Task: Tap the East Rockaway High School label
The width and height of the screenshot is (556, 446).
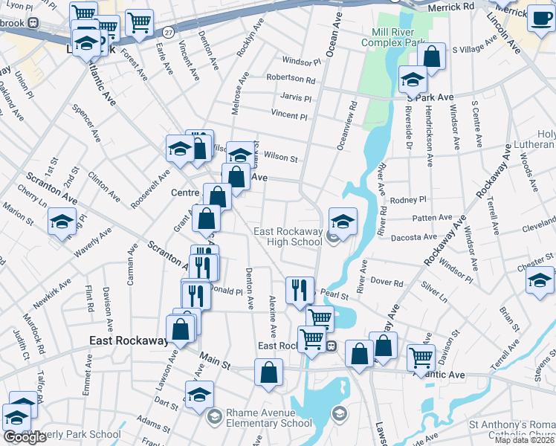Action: tap(288, 236)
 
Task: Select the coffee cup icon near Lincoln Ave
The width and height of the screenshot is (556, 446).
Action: tap(540, 19)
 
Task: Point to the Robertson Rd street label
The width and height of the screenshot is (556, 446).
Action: tap(291, 78)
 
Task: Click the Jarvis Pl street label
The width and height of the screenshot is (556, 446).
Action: tap(297, 97)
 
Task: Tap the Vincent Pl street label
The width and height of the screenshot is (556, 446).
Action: tap(289, 116)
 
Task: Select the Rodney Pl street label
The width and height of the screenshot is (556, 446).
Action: tap(407, 200)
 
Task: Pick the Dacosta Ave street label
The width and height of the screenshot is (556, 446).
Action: tap(420, 237)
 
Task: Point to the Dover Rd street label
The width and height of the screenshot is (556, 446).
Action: tap(387, 283)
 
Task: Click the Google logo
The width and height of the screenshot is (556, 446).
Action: tap(24, 437)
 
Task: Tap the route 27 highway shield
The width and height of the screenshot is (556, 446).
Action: tap(169, 33)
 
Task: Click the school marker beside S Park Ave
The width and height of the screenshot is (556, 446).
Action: tap(413, 78)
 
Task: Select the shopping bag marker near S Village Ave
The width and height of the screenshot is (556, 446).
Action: tap(430, 55)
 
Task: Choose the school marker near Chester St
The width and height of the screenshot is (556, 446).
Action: tap(540, 279)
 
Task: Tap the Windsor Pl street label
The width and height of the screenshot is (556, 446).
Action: tap(300, 60)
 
